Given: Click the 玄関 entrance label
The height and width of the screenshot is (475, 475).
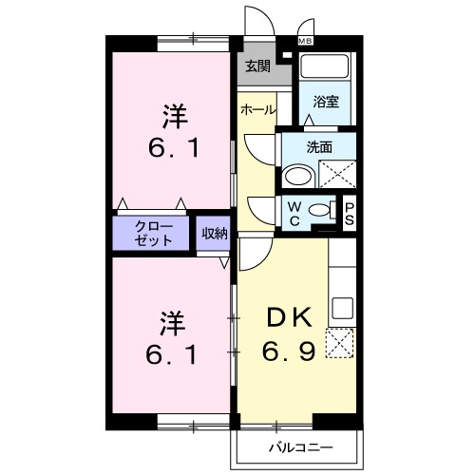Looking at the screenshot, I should pyautogui.click(x=256, y=66).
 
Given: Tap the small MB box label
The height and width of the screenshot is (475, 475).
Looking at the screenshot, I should pyautogui.click(x=306, y=41).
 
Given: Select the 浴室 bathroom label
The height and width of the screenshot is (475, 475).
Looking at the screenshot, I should pyautogui.click(x=326, y=101).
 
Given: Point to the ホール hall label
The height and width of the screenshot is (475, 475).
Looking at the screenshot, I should pyautogui.click(x=256, y=110).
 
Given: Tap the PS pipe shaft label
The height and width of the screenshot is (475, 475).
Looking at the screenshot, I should pyautogui.click(x=349, y=214).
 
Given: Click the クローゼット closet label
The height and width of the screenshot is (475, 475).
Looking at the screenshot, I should pyautogui.click(x=152, y=234).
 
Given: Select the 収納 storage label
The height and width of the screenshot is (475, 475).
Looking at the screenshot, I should pyautogui.click(x=214, y=233).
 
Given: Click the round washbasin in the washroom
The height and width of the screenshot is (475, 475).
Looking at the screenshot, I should pyautogui.click(x=298, y=176).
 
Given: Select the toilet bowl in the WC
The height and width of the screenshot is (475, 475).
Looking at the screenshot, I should pyautogui.click(x=320, y=211).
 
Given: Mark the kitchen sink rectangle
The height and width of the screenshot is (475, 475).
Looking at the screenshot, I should pyautogui.click(x=342, y=308).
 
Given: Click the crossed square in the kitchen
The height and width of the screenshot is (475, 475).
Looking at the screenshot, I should pyautogui.click(x=340, y=342).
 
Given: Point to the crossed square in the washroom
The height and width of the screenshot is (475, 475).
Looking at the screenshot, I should pyautogui.click(x=337, y=175).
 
